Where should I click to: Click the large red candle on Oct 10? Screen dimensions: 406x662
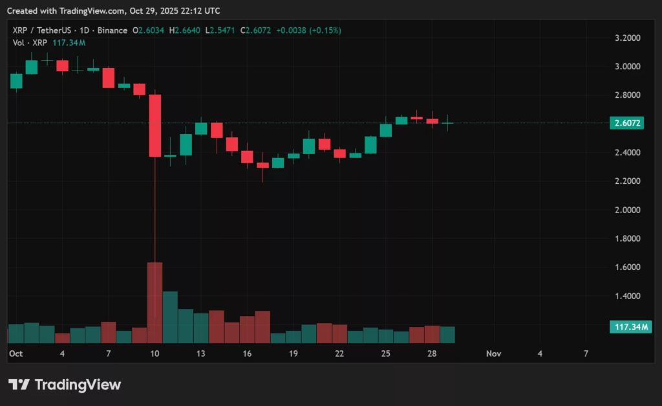pos(155,126)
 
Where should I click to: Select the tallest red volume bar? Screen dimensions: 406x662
pos(155,302)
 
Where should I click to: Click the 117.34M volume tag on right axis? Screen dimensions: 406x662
pos(630,327)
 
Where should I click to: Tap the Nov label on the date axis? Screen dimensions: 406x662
pos(494,354)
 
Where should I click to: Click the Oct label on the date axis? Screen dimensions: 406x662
pos(16,354)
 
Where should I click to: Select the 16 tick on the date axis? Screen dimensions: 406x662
pos(247,354)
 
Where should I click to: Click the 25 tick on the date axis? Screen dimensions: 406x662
pos(385,354)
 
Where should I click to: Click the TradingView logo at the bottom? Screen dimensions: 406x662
pos(65,385)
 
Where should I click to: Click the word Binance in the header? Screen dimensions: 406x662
pos(113,30)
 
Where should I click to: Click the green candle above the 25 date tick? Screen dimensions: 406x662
pos(386,130)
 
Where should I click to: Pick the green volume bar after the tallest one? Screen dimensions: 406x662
pos(170,317)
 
